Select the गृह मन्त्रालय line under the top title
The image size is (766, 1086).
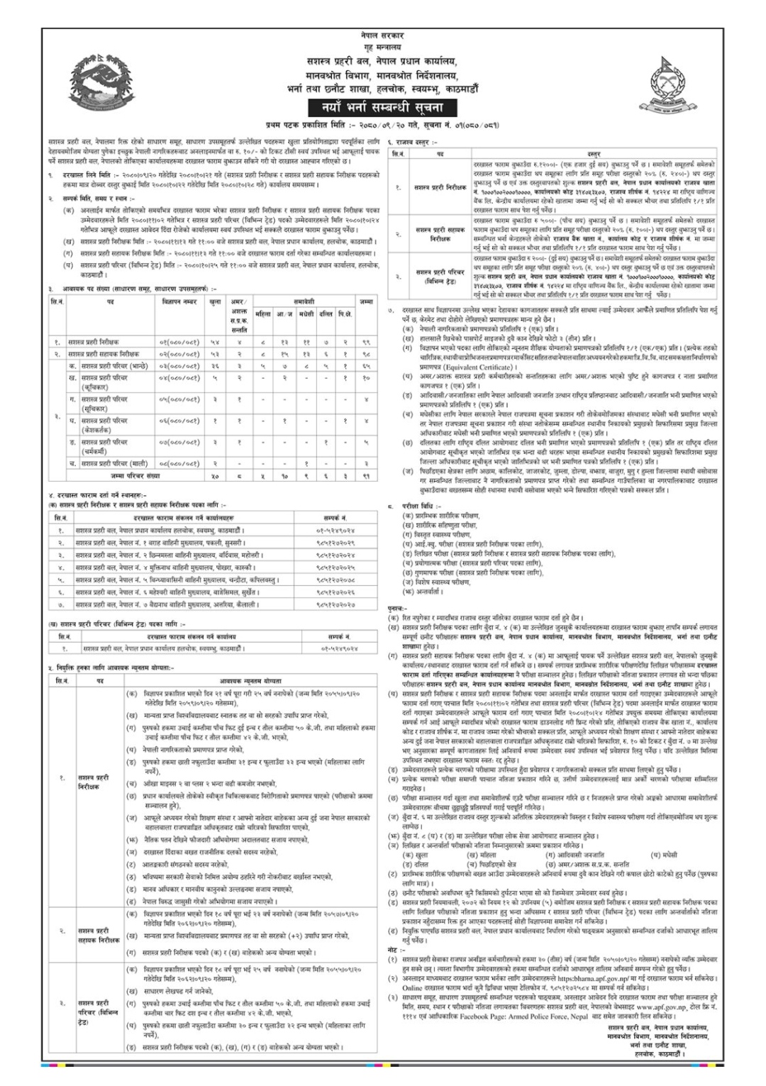tap(382, 46)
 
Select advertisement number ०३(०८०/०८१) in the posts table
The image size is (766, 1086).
tap(180, 365)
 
